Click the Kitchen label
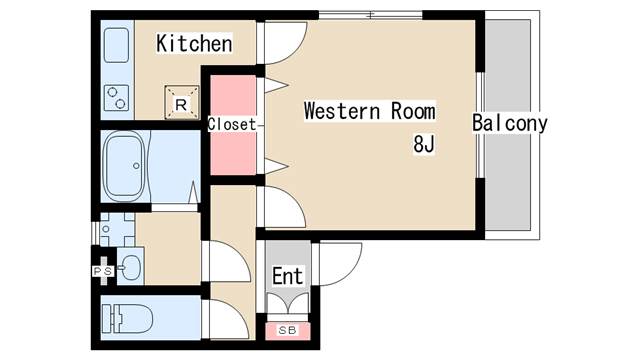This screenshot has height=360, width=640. tap(194, 44)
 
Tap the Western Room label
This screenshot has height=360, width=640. tap(369, 111)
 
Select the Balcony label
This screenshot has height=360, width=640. tap(510, 124)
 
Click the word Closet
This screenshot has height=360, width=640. tap(232, 125)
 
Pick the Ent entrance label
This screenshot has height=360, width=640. tap(288, 275)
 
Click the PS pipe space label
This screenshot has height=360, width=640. tap(103, 270)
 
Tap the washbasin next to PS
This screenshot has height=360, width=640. tap(131, 267)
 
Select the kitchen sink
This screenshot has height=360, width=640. tap(116, 44)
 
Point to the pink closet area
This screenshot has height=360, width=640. tap(232, 150)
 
